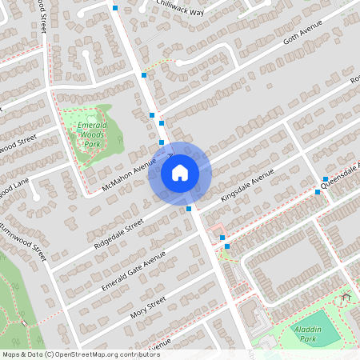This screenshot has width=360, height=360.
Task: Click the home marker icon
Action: tap(179, 172)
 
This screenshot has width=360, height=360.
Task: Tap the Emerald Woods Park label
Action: tap(93, 134)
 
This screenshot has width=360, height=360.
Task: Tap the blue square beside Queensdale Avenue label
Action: tap(326, 179)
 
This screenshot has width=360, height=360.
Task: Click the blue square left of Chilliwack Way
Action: tap(116, 8)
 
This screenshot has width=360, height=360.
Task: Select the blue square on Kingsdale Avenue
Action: tap(189, 209)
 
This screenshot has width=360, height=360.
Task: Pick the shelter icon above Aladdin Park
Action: tap(346, 298)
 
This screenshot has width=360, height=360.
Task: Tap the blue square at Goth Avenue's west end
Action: tap(144, 74)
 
